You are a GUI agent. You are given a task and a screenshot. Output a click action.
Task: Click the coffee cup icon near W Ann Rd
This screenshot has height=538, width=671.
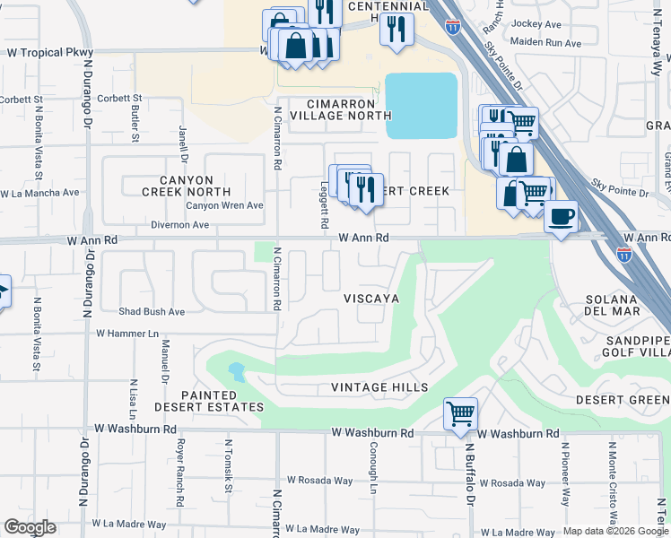coord(561,216)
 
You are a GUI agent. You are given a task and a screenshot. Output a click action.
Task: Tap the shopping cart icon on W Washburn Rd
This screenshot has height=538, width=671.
coord(460,413)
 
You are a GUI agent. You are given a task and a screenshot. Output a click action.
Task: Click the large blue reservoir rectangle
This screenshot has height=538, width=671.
coord(421,105)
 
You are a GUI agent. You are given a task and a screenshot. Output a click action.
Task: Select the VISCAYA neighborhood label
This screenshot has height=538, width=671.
coord(370,298)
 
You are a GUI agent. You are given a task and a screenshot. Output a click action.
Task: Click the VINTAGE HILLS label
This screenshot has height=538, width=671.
coord(379,387)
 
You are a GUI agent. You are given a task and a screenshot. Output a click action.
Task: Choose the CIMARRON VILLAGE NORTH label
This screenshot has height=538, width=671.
coord(335,109)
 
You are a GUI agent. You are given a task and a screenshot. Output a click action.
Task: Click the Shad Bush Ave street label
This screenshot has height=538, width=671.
coord(152,312)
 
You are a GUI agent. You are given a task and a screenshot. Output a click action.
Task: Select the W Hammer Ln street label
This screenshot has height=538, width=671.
coord(126,334)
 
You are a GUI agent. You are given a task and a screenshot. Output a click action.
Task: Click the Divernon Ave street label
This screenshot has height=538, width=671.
coord(179,225)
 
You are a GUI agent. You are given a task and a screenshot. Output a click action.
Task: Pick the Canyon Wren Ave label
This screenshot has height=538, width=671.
coord(224,205)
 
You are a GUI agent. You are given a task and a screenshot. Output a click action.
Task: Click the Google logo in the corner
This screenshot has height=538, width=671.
coord(30,527)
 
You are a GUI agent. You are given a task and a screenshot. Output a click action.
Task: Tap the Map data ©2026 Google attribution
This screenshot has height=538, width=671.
coord(614,531)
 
